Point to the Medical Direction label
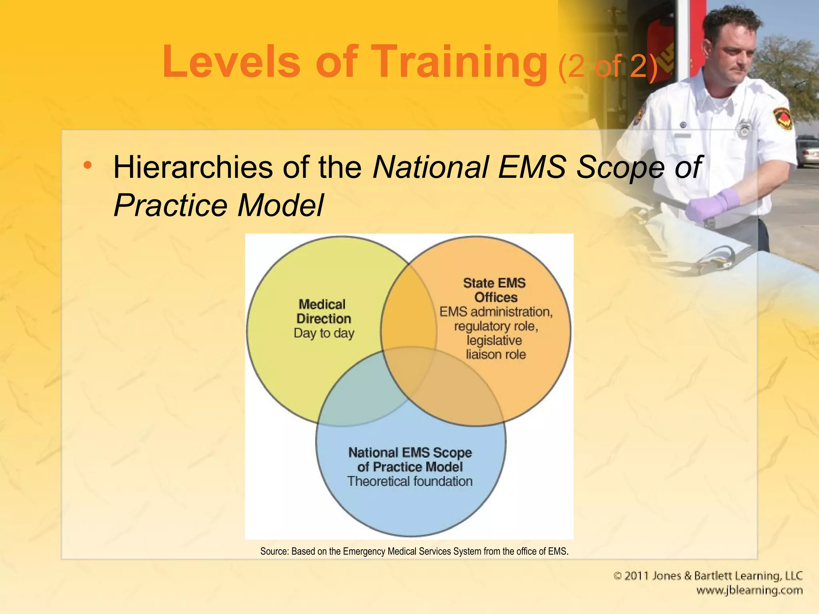323,311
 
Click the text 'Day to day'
324,333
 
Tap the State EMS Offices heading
495,290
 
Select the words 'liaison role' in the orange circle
495,355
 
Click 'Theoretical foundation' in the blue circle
410,481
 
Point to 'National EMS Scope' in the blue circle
410,453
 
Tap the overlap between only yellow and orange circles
408,312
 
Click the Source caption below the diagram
414,552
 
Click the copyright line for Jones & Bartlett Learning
708,576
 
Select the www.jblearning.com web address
749,590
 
